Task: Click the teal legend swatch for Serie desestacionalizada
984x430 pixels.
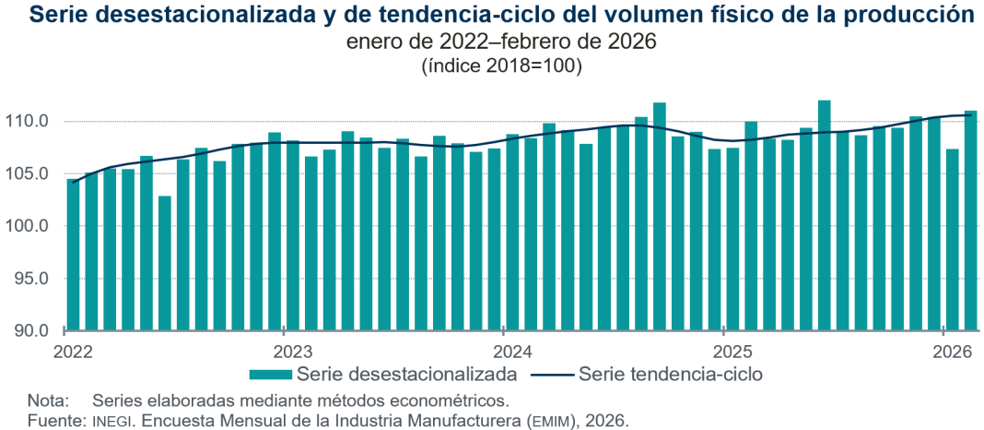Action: click(x=270, y=375)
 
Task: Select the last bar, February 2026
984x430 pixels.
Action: click(x=970, y=221)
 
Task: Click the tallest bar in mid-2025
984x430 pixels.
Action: click(x=824, y=216)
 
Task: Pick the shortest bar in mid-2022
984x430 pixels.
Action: click(x=165, y=263)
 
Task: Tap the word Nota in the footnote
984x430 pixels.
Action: click(x=47, y=401)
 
